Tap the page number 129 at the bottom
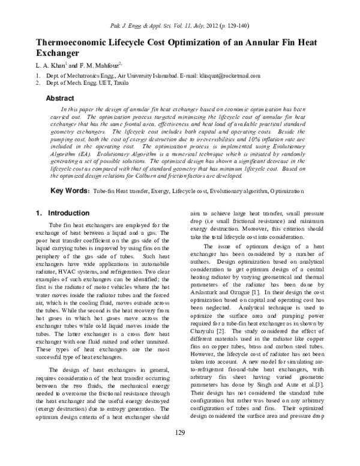click(179, 450)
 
